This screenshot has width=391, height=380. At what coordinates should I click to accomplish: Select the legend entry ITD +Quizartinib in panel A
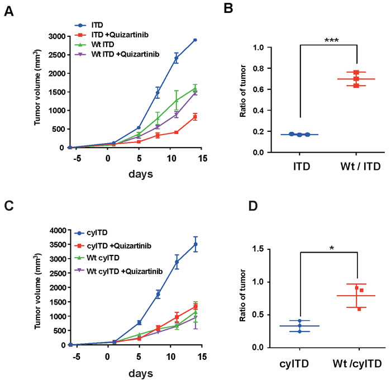(x=117, y=36)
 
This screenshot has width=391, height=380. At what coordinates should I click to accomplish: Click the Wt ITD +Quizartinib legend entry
(x=122, y=54)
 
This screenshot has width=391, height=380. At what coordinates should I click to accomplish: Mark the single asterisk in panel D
(x=332, y=246)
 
